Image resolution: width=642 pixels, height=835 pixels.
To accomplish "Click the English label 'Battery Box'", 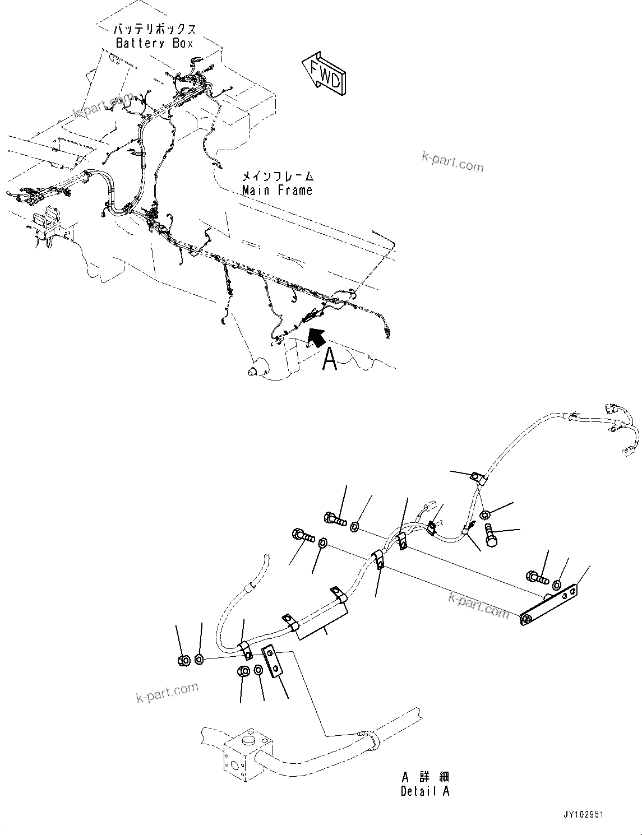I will click(154, 43).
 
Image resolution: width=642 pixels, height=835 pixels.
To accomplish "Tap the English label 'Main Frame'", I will click(277, 190).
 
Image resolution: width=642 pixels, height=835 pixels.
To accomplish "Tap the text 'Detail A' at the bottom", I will click(425, 791).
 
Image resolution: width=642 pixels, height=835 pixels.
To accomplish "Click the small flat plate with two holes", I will click(272, 662).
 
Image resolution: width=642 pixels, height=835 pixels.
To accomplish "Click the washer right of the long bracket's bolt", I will click(556, 585).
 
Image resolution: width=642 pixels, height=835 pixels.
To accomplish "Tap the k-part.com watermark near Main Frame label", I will click(452, 163).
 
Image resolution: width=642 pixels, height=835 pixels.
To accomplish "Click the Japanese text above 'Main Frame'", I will click(277, 176).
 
